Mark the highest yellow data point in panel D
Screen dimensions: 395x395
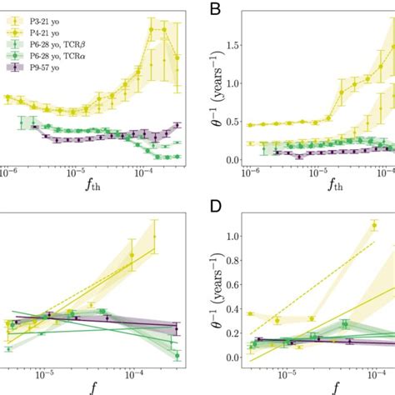tap(374, 223)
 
